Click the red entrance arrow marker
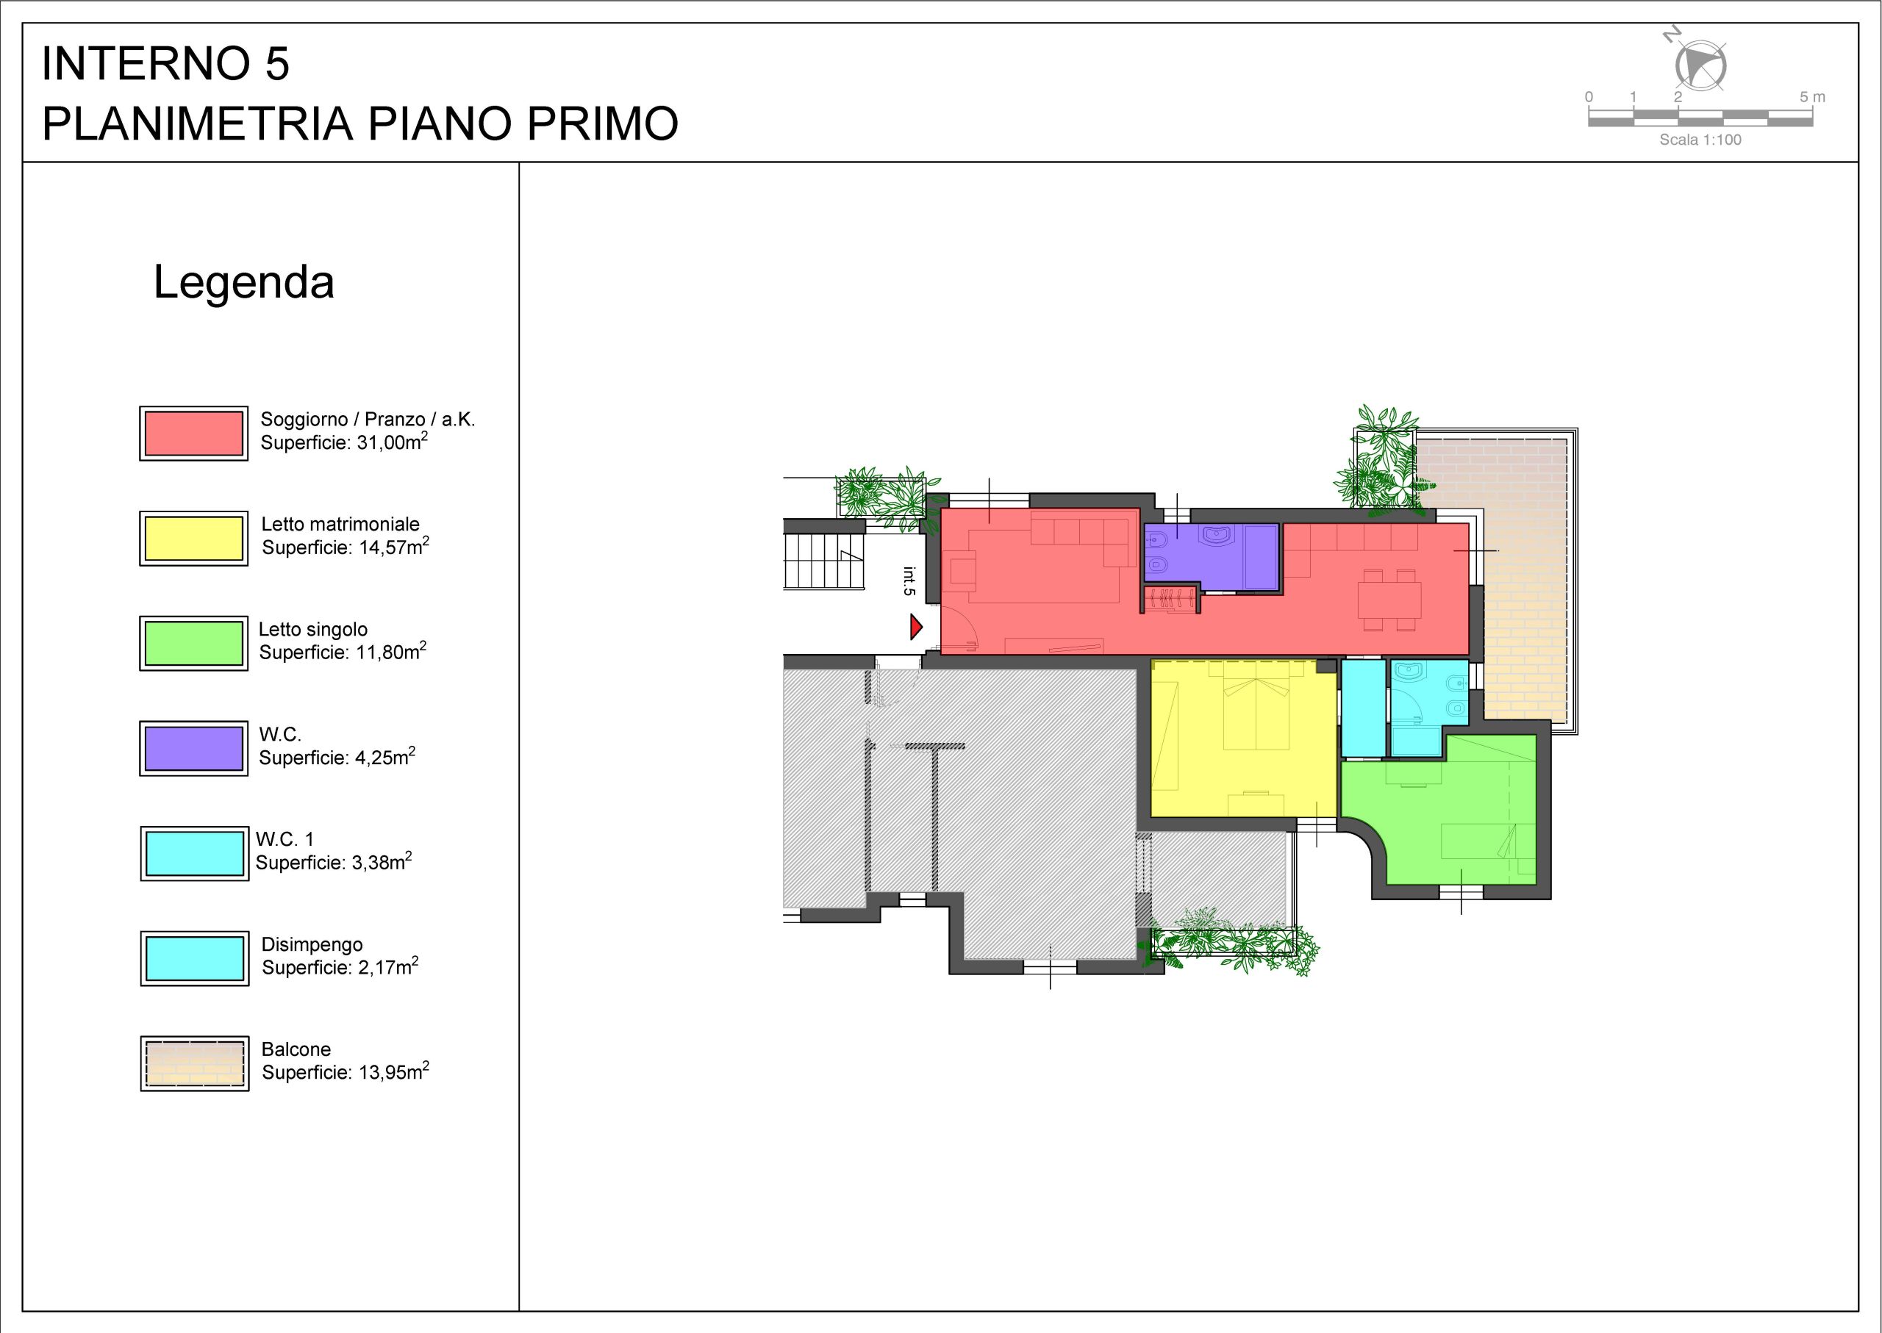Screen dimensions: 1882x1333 click(915, 628)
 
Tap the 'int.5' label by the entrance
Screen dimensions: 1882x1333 click(909, 581)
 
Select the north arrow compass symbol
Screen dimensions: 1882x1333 click(1699, 63)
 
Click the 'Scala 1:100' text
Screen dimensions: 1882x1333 click(1700, 140)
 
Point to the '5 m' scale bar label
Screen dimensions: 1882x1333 click(1812, 97)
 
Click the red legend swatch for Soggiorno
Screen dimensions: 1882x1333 click(194, 434)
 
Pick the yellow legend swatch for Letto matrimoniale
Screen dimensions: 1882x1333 click(194, 539)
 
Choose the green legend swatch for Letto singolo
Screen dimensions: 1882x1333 click(194, 644)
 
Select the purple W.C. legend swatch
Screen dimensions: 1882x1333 click(194, 749)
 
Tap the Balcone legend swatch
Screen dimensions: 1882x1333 click(195, 1063)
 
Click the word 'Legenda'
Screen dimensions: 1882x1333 click(244, 283)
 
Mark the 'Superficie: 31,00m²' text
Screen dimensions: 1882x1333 click(344, 442)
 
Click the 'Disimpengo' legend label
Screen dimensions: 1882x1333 click(312, 945)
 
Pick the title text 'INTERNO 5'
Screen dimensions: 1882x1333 click(166, 64)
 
